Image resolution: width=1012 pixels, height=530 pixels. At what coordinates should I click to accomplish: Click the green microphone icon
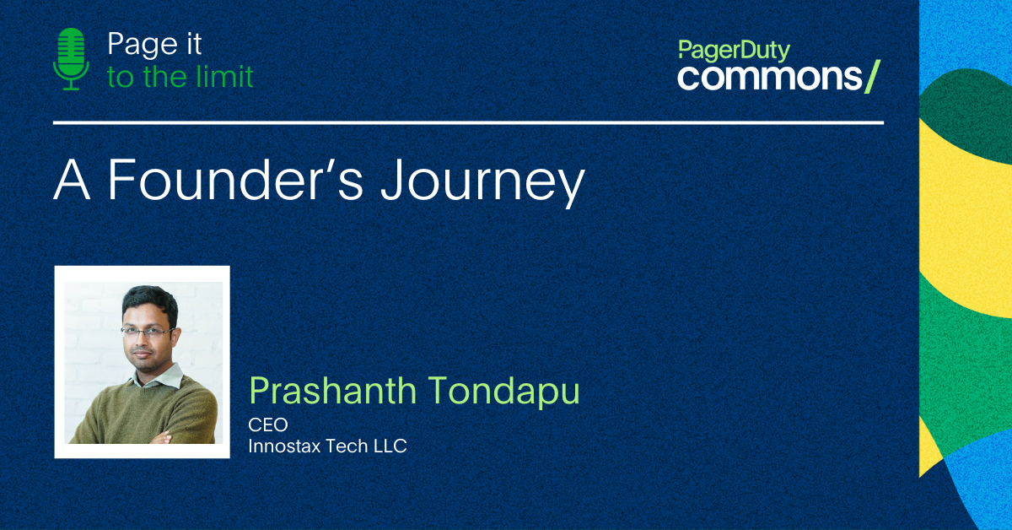[x=71, y=59]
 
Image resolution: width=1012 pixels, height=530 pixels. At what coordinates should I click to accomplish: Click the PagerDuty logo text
[x=735, y=51]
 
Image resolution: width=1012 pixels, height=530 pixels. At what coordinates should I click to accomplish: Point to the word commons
[x=770, y=77]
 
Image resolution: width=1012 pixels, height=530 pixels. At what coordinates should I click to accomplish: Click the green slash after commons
[x=872, y=77]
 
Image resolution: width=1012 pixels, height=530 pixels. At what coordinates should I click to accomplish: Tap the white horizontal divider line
[x=468, y=122]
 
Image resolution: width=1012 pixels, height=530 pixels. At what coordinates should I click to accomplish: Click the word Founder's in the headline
[x=235, y=179]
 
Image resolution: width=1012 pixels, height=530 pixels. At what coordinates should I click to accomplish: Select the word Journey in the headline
[x=483, y=183]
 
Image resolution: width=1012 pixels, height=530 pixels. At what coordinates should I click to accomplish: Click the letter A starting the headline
[x=72, y=179]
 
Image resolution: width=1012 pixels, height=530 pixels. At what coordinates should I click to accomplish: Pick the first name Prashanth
[x=332, y=390]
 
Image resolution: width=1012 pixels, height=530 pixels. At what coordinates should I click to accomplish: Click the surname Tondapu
[x=503, y=392]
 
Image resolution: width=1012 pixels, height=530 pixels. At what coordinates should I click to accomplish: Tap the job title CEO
[x=268, y=425]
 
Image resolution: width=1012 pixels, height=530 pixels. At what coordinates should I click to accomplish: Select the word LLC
[x=390, y=446]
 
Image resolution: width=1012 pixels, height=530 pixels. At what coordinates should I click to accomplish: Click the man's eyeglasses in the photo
[x=147, y=333]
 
